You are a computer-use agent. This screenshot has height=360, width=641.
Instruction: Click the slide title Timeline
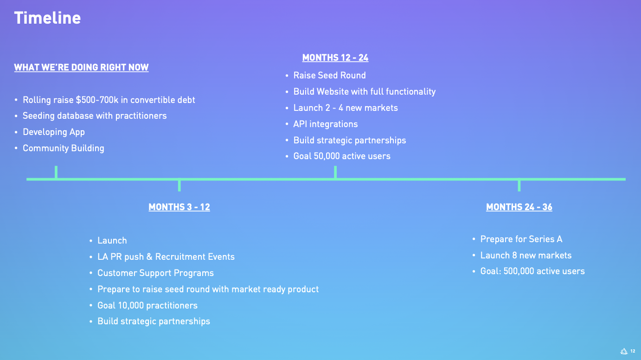pyautogui.click(x=47, y=18)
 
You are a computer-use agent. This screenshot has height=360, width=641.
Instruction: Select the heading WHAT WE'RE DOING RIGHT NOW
pyautogui.click(x=81, y=68)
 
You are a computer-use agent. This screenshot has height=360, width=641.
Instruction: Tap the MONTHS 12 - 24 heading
pyautogui.click(x=335, y=58)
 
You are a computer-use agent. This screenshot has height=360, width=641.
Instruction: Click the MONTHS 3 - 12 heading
pyautogui.click(x=179, y=207)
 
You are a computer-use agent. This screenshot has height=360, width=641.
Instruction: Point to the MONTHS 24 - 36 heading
pyautogui.click(x=519, y=207)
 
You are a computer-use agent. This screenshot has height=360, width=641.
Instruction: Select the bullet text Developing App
pyautogui.click(x=54, y=132)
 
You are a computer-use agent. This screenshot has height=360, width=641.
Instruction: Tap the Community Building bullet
pyautogui.click(x=64, y=148)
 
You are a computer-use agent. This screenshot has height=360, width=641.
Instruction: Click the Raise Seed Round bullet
pyautogui.click(x=329, y=76)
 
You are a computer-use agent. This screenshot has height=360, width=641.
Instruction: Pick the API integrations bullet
pyautogui.click(x=325, y=124)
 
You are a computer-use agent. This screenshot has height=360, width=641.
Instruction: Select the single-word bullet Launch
pyautogui.click(x=112, y=241)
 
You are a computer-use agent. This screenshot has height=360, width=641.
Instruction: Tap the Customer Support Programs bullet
pyautogui.click(x=155, y=273)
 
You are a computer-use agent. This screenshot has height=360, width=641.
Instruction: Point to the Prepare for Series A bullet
pyautogui.click(x=521, y=239)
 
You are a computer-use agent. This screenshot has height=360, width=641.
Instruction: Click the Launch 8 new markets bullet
pyautogui.click(x=526, y=256)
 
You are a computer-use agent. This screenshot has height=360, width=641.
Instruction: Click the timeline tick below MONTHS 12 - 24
pyautogui.click(x=335, y=173)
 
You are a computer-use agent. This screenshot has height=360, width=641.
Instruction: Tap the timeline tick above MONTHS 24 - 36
pyautogui.click(x=519, y=185)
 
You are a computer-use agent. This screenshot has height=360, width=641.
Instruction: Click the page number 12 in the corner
pyautogui.click(x=633, y=351)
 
